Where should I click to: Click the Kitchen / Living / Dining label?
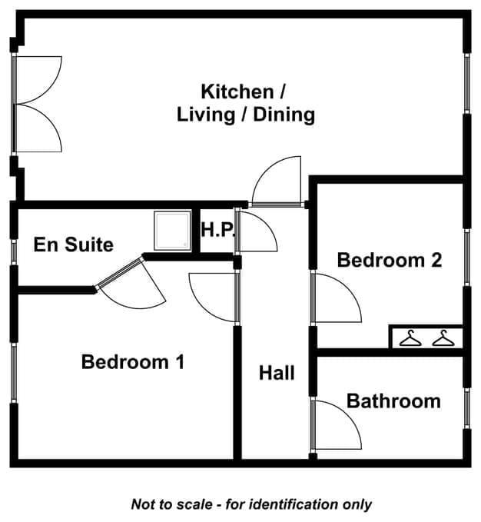(x=246, y=103)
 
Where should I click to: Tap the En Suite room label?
(x=74, y=244)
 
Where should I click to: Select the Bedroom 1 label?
(x=133, y=362)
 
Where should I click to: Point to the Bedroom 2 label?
(x=390, y=260)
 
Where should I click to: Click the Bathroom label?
(x=393, y=401)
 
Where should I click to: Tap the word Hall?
(x=277, y=373)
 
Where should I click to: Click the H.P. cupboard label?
(x=218, y=230)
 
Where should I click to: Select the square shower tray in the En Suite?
(x=173, y=231)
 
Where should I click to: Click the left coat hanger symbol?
(x=410, y=338)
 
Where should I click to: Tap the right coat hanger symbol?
(x=443, y=338)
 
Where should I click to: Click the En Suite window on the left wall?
(x=14, y=252)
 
